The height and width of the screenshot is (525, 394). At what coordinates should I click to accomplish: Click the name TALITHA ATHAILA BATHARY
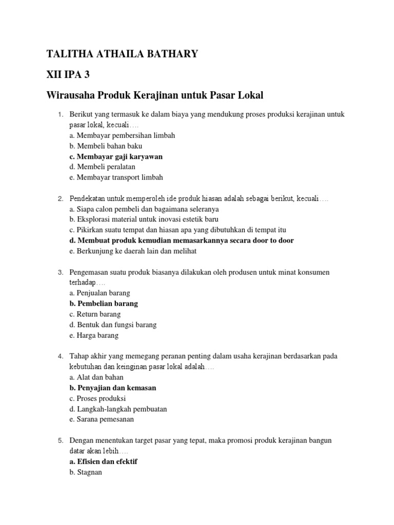coord(122,54)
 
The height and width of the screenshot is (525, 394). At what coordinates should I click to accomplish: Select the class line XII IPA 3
coord(68,74)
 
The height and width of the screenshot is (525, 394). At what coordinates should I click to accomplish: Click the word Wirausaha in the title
coord(75,95)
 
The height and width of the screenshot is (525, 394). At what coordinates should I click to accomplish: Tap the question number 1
coord(60,114)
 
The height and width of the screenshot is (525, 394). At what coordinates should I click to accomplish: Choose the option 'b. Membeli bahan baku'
coord(106,146)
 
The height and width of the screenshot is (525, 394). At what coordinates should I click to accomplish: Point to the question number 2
coord(60,198)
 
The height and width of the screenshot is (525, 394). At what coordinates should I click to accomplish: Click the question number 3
coord(60,272)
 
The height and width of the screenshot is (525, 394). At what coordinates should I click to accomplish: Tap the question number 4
coord(60,356)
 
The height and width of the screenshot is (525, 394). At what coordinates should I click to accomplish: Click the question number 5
coord(60,440)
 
